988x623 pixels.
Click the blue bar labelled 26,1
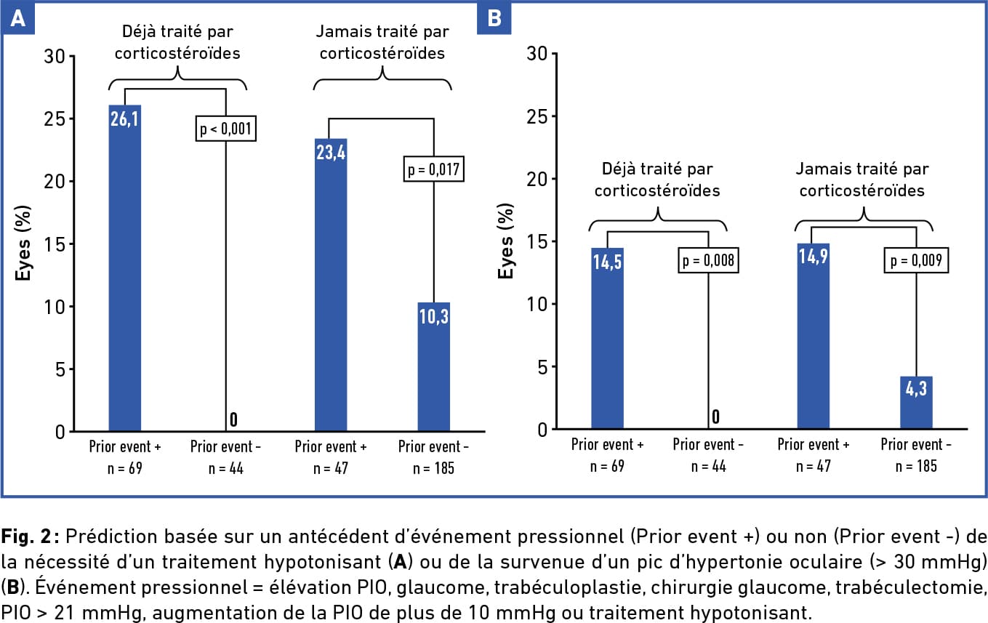coord(125,268)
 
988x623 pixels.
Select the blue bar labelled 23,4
coord(331,284)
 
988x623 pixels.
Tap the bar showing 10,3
coord(434,366)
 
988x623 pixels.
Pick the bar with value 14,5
coord(607,338)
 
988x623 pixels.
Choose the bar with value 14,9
coord(814,336)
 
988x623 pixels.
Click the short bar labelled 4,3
coord(916,402)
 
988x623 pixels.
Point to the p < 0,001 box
coord(226,129)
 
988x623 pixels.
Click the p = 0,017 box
coord(434,169)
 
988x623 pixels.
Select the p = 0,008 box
coord(708,260)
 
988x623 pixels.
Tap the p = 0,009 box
coord(916,260)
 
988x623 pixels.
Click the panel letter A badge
coord(17,17)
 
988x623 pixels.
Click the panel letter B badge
coord(494,17)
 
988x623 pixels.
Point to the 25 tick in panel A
coord(55,118)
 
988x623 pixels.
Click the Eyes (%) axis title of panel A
coord(23,243)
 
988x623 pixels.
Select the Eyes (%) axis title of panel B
coord(505,241)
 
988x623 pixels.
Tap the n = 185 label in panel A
coord(433,468)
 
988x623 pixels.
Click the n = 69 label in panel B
coord(607,465)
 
